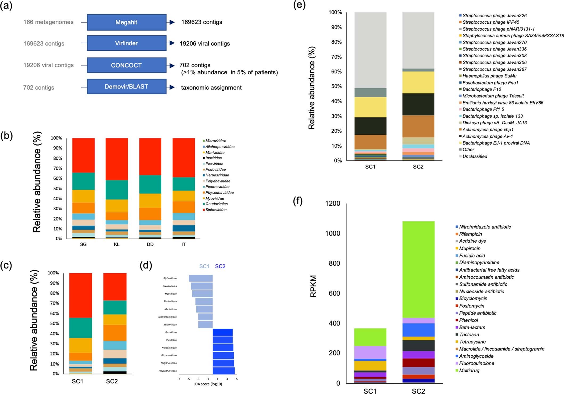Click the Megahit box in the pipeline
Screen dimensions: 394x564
tap(126, 22)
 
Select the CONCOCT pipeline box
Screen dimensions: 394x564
tap(126, 65)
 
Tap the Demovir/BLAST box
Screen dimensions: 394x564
tap(126, 87)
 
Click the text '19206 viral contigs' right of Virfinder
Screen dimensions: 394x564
tap(205, 44)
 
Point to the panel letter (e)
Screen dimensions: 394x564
tap(299, 5)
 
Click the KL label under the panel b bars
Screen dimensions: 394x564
tap(117, 244)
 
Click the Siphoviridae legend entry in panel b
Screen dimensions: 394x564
tap(216, 210)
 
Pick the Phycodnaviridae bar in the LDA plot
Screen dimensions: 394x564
tap(223, 371)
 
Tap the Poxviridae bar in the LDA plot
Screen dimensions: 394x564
tap(222, 332)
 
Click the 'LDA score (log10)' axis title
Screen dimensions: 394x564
tap(208, 384)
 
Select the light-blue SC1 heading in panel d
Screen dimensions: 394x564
tap(204, 266)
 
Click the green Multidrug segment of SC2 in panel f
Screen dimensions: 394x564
tap(418, 270)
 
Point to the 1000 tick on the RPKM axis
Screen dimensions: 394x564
tap(332, 234)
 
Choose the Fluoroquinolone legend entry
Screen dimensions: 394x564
tap(476, 363)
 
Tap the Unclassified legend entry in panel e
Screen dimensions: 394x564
tap(475, 156)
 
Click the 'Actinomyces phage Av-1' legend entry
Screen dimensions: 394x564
tap(487, 136)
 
